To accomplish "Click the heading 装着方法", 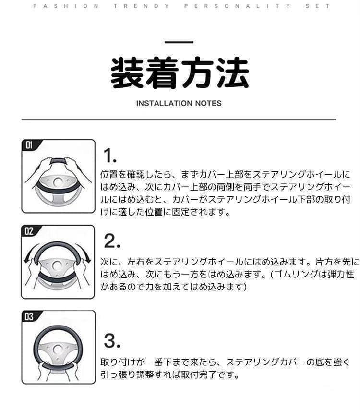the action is coord(180,72).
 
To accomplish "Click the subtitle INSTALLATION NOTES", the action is coord(179,103).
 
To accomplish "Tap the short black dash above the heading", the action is coord(179,42).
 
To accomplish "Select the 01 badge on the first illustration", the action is coord(29,145).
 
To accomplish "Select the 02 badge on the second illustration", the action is coord(29,231).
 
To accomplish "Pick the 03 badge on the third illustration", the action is coord(29,317).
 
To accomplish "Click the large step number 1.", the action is coord(110,156).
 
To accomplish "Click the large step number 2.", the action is coord(112,241).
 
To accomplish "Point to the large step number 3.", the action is coord(112,341).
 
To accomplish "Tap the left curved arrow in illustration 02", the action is coord(29,251).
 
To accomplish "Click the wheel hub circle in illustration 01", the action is coord(58,182).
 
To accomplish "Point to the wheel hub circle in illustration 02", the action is coord(57,266).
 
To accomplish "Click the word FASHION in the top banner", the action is coord(66,6).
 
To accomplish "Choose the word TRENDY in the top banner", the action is coord(142,6).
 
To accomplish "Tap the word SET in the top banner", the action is coord(317,6).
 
